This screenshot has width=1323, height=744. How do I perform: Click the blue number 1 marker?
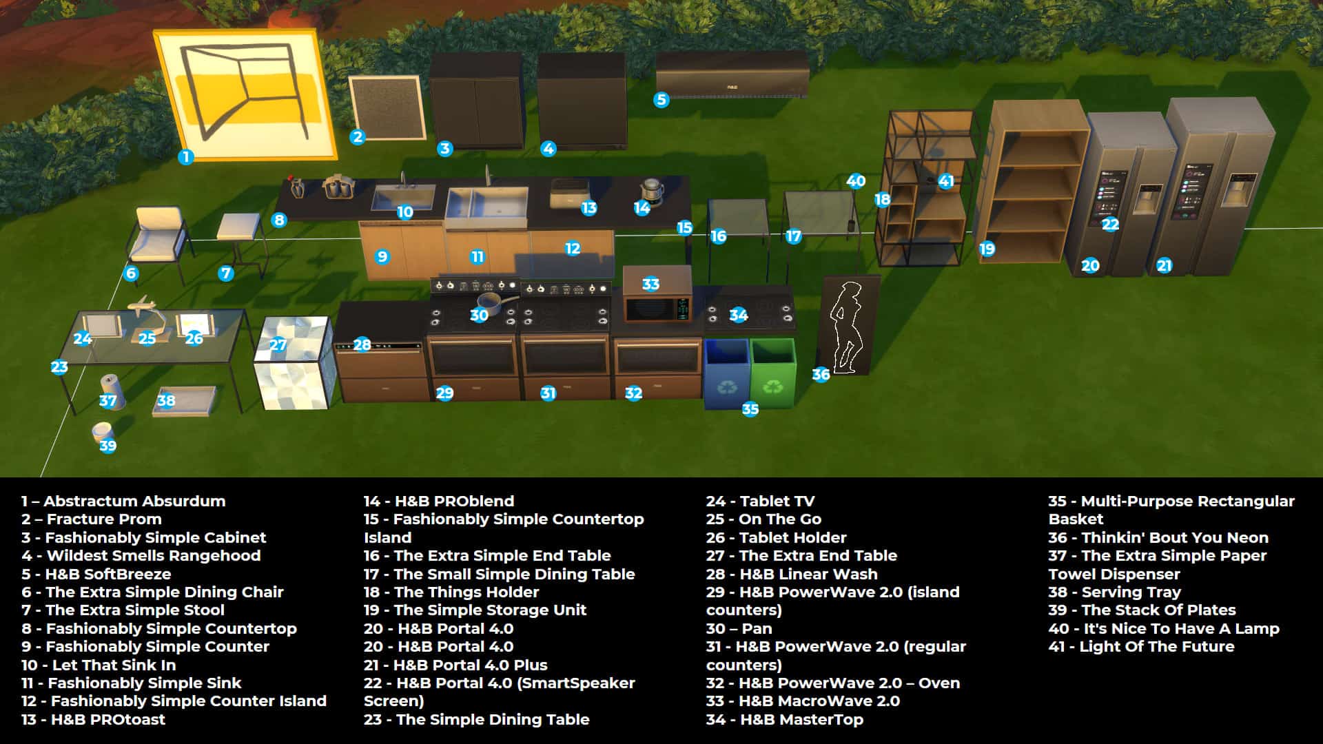point(185,157)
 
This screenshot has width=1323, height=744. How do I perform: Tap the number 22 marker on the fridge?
point(1110,225)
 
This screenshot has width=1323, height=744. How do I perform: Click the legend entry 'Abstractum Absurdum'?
point(123,501)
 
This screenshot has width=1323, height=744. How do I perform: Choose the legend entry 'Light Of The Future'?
point(1141,646)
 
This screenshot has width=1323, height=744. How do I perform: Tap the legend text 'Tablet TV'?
point(760,501)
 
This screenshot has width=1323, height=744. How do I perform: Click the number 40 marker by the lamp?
point(856,181)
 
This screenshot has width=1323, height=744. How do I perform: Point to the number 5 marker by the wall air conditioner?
point(661,100)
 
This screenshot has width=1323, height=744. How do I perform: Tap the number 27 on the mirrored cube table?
point(278,344)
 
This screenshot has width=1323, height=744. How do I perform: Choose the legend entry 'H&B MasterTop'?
point(784,719)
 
